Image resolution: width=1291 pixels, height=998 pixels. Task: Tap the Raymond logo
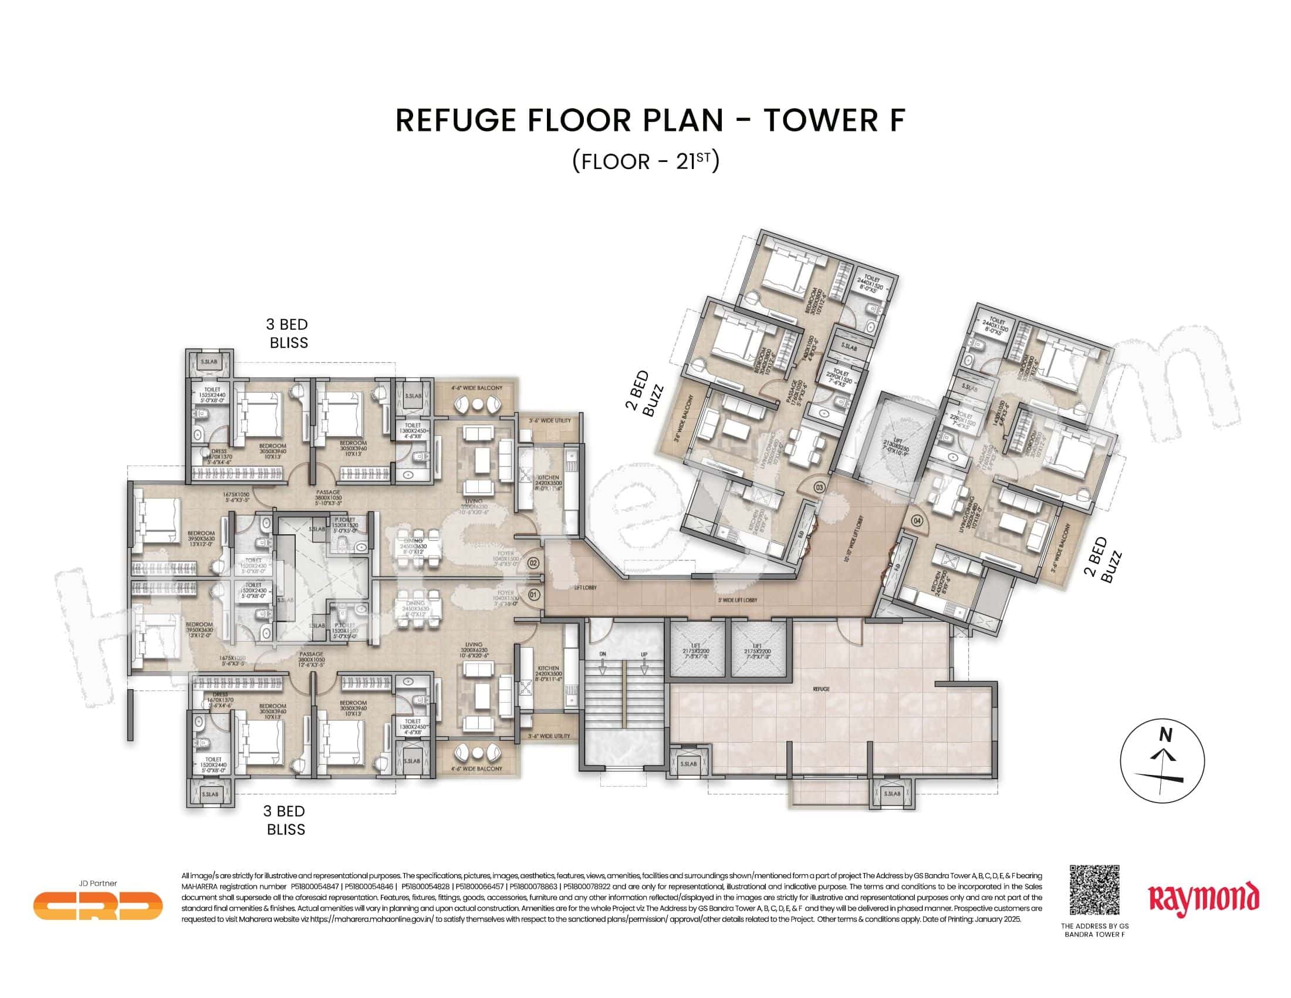[1203, 899]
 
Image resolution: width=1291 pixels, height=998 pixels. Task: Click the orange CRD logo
[97, 905]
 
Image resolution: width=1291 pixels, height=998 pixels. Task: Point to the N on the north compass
[1165, 735]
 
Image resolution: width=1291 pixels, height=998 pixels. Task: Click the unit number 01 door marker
[533, 595]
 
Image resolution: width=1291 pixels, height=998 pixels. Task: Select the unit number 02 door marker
[533, 563]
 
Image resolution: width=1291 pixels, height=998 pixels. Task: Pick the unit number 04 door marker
[917, 521]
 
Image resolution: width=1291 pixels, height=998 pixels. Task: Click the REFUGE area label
[821, 689]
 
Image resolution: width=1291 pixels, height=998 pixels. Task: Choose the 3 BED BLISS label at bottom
[286, 821]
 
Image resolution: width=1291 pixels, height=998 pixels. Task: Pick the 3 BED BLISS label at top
[288, 333]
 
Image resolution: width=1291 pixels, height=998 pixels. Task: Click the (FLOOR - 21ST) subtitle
[645, 161]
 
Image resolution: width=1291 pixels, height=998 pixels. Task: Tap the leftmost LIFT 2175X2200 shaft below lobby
[696, 649]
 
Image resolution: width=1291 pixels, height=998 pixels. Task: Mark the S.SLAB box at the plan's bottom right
[892, 794]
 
